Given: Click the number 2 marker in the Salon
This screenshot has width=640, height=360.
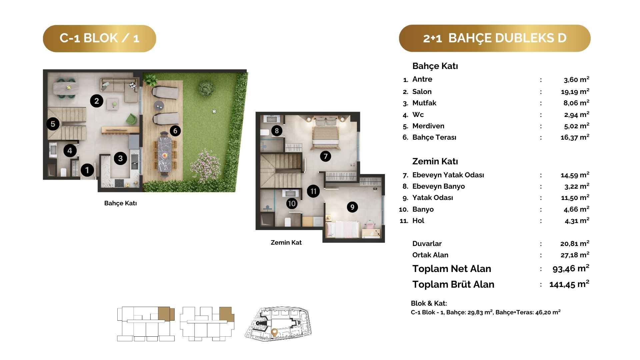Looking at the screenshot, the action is tap(97, 101).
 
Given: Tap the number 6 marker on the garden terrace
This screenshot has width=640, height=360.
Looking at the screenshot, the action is tap(175, 131).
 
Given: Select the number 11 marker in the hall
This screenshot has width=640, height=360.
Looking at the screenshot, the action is tap(313, 191).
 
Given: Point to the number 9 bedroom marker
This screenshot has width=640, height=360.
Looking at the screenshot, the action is tap(352, 207).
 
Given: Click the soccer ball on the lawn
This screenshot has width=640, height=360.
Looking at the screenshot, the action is tap(214, 111).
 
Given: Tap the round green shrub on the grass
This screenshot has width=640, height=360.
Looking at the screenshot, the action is tap(206, 88).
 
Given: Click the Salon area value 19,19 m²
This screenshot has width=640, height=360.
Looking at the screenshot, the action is tap(575, 91).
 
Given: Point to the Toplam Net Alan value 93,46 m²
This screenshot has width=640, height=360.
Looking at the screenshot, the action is tap(571, 268).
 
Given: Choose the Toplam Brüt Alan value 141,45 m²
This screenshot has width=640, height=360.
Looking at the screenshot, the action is tap(569, 284).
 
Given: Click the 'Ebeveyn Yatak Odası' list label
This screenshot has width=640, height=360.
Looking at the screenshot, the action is tap(448, 175).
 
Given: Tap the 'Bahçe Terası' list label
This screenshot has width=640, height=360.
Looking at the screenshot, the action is tap(434, 137).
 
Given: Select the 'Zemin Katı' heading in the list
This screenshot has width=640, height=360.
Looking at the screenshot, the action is tap(435, 161).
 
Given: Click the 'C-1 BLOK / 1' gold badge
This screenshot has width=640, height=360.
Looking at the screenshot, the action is tap(99, 38).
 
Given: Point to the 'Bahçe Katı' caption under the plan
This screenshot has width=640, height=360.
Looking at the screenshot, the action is tap(120, 203).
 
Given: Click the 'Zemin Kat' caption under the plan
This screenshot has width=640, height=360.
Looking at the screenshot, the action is tap(286, 243).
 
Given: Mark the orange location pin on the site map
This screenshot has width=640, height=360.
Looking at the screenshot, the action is tap(274, 332).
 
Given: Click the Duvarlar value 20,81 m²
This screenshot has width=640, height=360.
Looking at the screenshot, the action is tap(575, 244).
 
